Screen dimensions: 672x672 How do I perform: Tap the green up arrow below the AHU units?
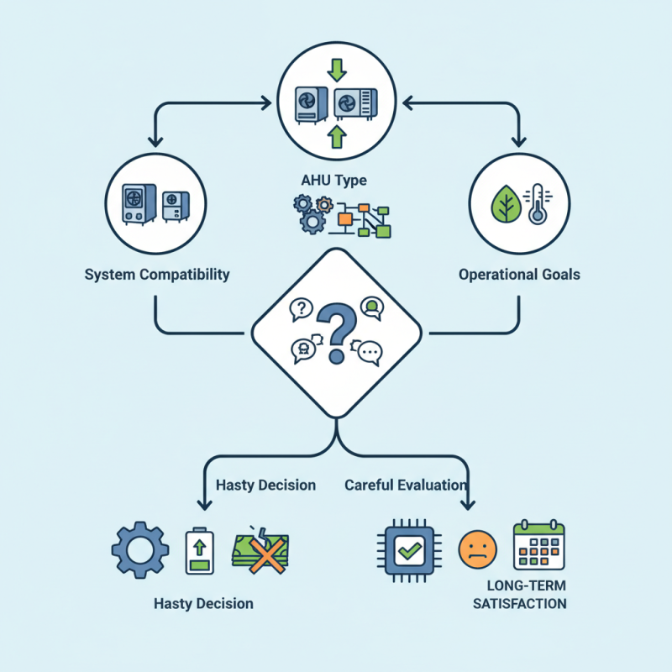tap(336, 137)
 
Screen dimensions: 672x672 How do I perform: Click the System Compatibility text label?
tap(157, 275)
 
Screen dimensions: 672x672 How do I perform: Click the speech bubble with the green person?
tap(371, 307)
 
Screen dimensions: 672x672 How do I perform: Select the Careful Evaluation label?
tap(405, 485)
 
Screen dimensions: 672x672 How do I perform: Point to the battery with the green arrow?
tap(200, 550)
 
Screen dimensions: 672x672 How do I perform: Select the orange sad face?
tap(475, 550)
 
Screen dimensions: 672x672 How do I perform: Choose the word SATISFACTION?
tap(519, 604)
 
